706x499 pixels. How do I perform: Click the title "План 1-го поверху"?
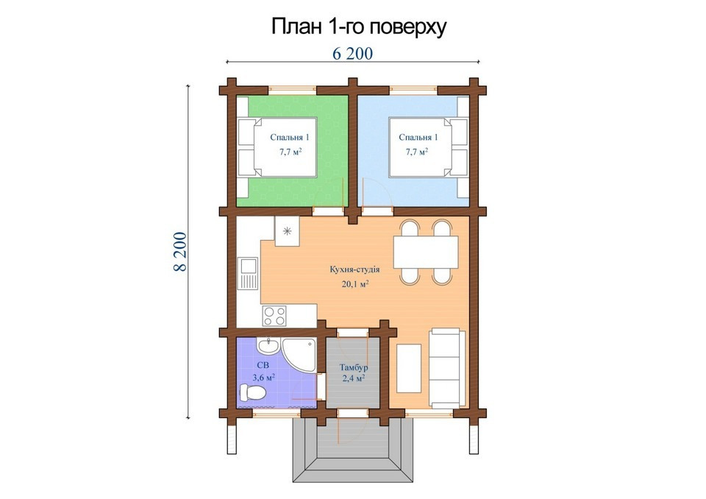pyautogui.click(x=358, y=27)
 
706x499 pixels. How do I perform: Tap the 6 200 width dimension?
pyautogui.click(x=352, y=54)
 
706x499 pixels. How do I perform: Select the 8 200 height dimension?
pyautogui.click(x=179, y=252)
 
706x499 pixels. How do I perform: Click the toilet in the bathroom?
pyautogui.click(x=252, y=392)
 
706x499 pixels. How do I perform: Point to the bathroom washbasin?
pyautogui.click(x=268, y=346)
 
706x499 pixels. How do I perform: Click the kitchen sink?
pyautogui.click(x=248, y=273)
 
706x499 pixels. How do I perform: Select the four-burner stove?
pyautogui.click(x=274, y=315)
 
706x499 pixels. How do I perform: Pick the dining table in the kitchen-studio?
pyautogui.click(x=426, y=252)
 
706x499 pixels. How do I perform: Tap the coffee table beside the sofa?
pyautogui.click(x=409, y=368)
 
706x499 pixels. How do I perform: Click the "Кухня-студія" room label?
pyautogui.click(x=354, y=269)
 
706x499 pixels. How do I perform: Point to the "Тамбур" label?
pyautogui.click(x=354, y=367)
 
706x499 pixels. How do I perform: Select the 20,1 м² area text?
pyautogui.click(x=355, y=284)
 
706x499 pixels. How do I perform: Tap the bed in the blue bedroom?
pyautogui.click(x=429, y=147)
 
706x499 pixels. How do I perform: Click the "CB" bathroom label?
pyautogui.click(x=263, y=365)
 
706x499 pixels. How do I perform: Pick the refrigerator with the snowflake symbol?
pyautogui.click(x=287, y=231)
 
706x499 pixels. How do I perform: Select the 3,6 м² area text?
pyautogui.click(x=264, y=378)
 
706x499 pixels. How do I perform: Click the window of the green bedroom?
pyautogui.click(x=293, y=90)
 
